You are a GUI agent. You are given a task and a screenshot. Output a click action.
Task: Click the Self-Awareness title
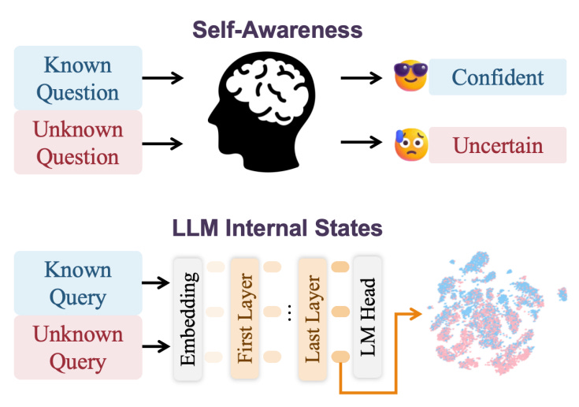[290, 30]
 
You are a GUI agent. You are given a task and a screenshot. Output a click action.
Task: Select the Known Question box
[78, 77]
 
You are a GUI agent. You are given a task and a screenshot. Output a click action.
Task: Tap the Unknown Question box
[78, 142]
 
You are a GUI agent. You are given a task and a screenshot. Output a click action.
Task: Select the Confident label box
[498, 77]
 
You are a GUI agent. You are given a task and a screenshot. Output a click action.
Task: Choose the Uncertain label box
[498, 145]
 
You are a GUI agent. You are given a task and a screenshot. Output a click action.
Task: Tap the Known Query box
[78, 282]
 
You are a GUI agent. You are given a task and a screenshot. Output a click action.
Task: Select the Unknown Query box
[78, 348]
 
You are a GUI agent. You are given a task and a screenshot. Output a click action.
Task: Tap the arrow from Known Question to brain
[163, 77]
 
